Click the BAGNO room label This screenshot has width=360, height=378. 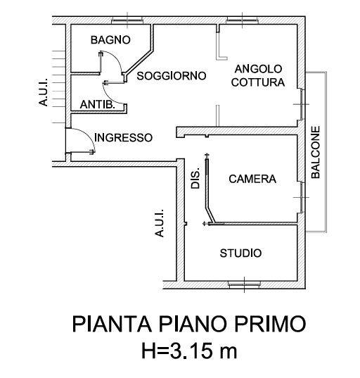pos(110,40)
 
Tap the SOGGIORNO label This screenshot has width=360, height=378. pos(172,76)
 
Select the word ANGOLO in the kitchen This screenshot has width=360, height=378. pos(258,69)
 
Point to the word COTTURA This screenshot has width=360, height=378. pos(258,82)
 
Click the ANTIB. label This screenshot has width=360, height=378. pos(97,105)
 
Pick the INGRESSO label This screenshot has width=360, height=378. pos(123,138)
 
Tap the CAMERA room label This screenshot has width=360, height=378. pos(252,179)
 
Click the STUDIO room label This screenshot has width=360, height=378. pos(240,253)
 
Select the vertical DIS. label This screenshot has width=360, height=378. pos(195,178)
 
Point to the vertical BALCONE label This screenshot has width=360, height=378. pos(316,152)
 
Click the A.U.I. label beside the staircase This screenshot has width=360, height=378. pos(44,92)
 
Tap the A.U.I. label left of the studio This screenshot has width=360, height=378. pos(159,223)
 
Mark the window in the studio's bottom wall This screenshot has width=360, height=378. pos(244,284)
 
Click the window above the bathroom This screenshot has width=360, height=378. pos(127,20)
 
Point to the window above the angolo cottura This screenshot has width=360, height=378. pos(242,20)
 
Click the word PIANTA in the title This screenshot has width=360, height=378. pos(112,324)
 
